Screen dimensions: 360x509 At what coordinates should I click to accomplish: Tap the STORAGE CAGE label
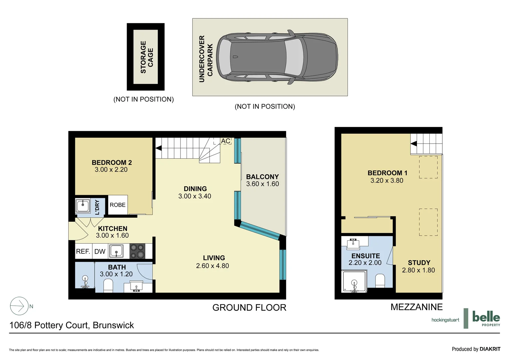147,57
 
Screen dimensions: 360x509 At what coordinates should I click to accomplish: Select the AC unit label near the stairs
226,141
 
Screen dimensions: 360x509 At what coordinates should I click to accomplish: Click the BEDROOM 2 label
112,163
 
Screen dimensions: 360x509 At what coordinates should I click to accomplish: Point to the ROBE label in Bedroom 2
118,205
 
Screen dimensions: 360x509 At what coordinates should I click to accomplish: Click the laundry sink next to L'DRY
83,206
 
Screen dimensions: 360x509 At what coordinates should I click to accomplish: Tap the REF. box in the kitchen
83,252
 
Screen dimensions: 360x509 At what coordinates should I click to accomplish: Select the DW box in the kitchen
100,252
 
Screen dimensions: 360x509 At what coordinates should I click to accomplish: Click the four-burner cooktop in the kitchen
137,251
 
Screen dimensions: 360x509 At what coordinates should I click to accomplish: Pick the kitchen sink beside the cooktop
117,251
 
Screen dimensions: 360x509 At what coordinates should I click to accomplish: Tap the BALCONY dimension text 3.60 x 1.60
262,184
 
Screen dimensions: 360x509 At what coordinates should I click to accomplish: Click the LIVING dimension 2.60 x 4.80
213,266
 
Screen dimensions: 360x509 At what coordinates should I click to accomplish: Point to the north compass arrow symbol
19,306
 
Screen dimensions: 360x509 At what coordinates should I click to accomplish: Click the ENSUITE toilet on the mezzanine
380,281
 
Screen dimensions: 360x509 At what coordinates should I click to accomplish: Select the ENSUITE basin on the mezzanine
353,244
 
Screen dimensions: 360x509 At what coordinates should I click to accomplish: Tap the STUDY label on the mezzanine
419,263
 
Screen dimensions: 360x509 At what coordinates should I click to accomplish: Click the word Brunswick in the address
113,325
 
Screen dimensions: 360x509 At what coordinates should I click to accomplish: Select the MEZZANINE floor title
416,307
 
